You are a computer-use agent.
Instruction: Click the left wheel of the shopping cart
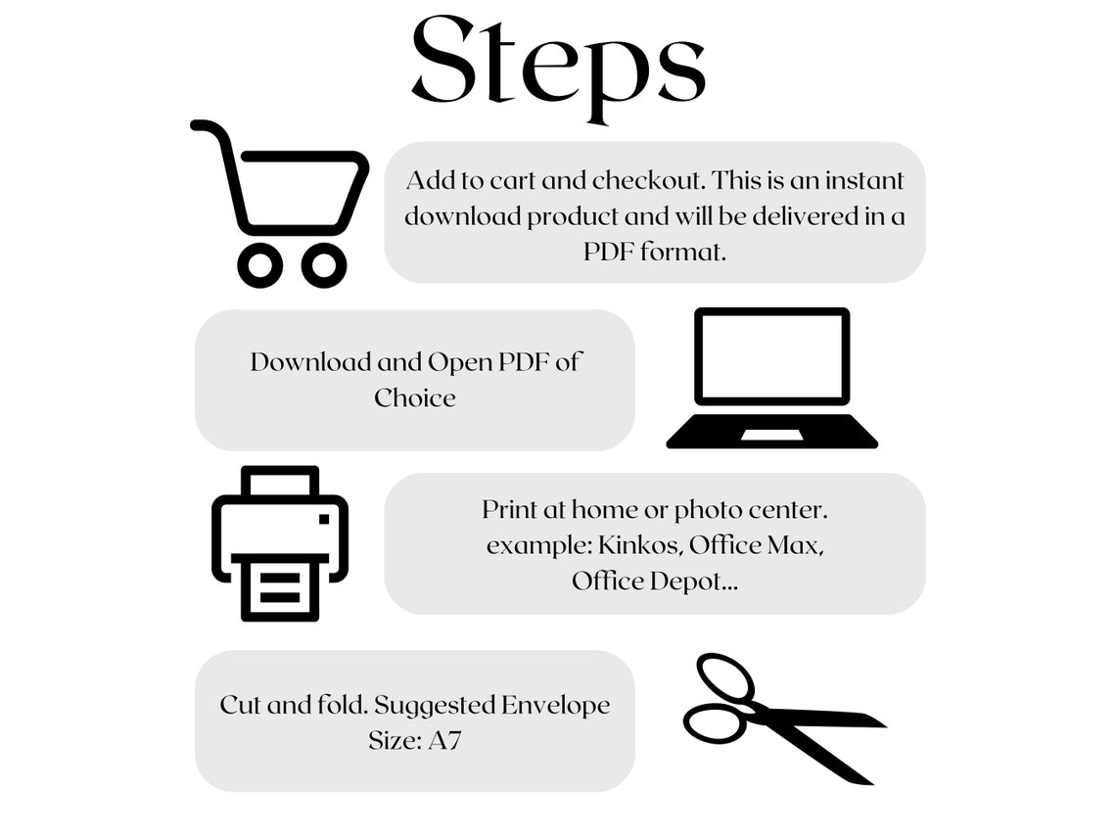click(x=259, y=265)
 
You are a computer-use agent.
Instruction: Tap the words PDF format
click(x=655, y=252)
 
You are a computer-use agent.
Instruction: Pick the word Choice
click(x=415, y=397)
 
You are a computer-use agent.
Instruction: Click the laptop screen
click(x=772, y=356)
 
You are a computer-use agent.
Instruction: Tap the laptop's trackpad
click(x=772, y=435)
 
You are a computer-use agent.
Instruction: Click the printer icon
click(x=280, y=543)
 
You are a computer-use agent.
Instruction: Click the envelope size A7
click(x=444, y=741)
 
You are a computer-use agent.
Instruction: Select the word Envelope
click(x=556, y=705)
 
